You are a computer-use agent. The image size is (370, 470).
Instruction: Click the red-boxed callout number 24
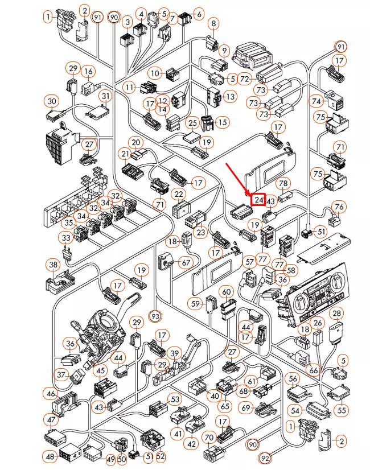pyautogui.click(x=259, y=200)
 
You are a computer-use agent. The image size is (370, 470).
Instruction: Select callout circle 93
pyautogui.click(x=155, y=314)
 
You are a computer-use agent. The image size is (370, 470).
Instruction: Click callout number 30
pyautogui.click(x=52, y=101)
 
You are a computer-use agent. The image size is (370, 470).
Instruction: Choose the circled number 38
pyautogui.click(x=54, y=265)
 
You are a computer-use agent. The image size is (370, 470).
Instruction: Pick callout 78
pyautogui.click(x=283, y=183)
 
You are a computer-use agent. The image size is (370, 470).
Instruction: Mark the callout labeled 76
pyautogui.click(x=339, y=206)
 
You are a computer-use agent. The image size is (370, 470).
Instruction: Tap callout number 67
pyautogui.click(x=186, y=262)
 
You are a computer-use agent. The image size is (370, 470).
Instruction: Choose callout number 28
pyautogui.click(x=337, y=314)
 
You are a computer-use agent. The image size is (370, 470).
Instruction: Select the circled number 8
pyautogui.click(x=213, y=23)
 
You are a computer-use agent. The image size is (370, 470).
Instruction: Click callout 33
pyautogui.click(x=67, y=238)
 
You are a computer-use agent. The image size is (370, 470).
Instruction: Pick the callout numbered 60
pyautogui.click(x=227, y=292)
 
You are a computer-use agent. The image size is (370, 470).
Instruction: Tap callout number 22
pyautogui.click(x=179, y=195)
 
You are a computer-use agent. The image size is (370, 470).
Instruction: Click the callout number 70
pyautogui.click(x=208, y=438)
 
